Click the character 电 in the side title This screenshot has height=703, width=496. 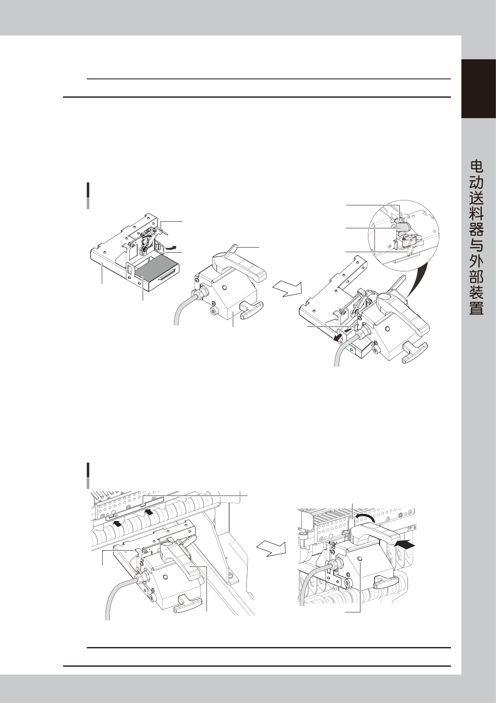click(x=477, y=167)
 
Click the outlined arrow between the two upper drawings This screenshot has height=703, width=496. click(x=287, y=288)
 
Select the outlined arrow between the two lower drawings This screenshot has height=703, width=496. click(x=271, y=548)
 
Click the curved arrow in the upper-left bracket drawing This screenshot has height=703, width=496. click(x=171, y=248)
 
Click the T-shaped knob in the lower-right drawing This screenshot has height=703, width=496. click(x=386, y=580)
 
